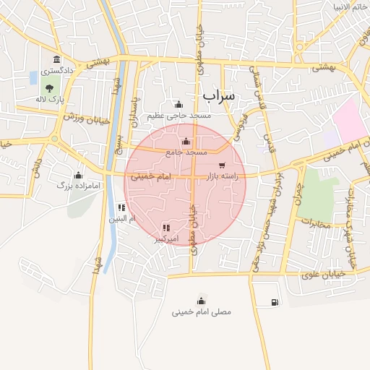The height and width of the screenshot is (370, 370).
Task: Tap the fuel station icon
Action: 275,302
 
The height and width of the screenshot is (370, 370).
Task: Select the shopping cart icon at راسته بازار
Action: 220,165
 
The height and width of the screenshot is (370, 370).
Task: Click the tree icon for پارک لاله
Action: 48,87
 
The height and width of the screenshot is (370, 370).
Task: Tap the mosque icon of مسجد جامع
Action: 187,141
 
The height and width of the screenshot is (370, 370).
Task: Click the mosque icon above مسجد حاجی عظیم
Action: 178,104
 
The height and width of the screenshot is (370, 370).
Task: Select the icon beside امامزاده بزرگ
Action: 78,175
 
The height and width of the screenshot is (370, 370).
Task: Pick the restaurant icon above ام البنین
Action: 121,207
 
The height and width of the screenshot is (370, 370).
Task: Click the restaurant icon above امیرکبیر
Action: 166,227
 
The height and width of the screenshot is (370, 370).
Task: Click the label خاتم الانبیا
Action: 350,7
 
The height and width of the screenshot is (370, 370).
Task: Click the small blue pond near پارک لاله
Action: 33,77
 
